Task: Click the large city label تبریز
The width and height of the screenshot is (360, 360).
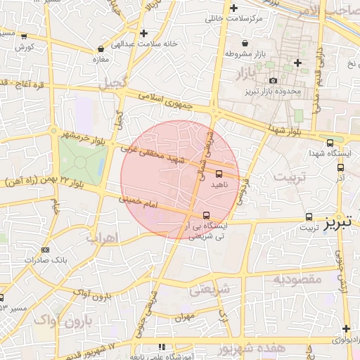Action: pyautogui.click(x=341, y=224)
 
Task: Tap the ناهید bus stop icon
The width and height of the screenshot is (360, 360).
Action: pyautogui.click(x=219, y=173)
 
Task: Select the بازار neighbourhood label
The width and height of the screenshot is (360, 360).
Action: pyautogui.click(x=240, y=73)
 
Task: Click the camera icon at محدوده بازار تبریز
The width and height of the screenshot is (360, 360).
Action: pyautogui.click(x=273, y=81)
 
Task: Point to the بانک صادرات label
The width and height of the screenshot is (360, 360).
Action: pyautogui.click(x=45, y=259)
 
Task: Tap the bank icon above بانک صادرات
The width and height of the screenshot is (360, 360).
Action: pyautogui.click(x=45, y=250)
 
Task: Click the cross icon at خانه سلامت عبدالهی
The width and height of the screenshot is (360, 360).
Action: pyautogui.click(x=143, y=33)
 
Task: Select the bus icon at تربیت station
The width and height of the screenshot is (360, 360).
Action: pyautogui.click(x=309, y=217)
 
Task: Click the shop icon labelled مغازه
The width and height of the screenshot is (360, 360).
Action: pyautogui.click(x=101, y=49)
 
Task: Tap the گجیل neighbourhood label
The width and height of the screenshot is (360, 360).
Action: pyautogui.click(x=112, y=84)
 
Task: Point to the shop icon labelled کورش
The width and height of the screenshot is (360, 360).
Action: pyautogui.click(x=24, y=36)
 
